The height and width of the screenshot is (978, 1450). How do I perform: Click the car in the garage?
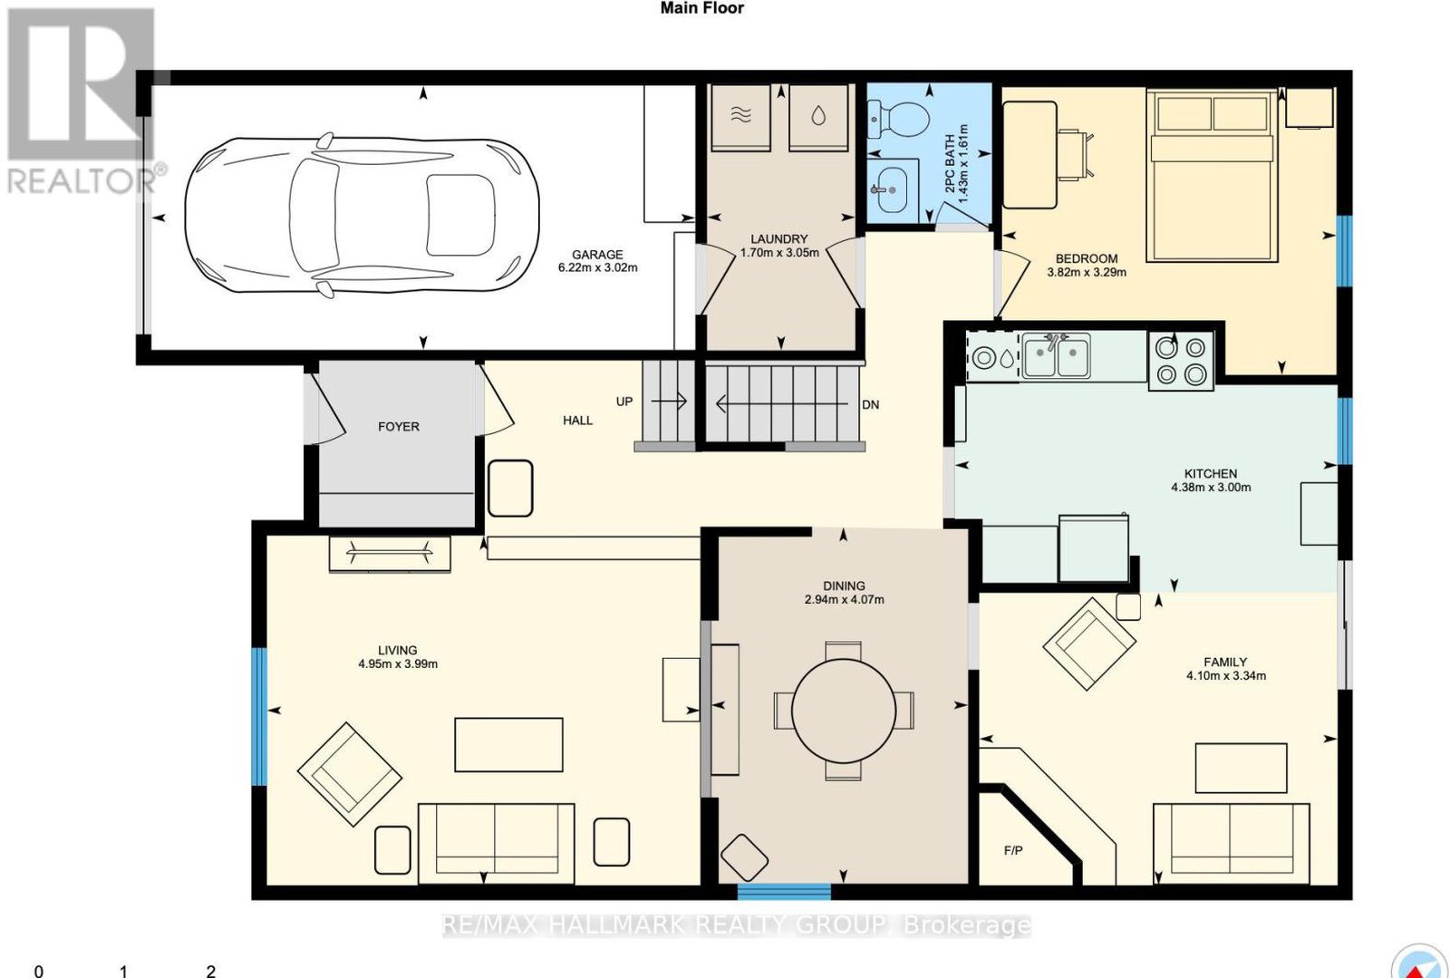click(x=362, y=217)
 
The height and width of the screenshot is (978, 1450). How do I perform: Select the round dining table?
click(x=844, y=711)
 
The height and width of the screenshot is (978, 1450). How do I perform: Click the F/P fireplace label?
click(x=1013, y=850)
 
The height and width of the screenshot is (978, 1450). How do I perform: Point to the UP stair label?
click(x=624, y=402)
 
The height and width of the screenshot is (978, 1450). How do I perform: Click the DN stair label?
click(x=871, y=404)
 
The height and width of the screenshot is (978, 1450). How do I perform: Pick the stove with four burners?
click(x=1182, y=361)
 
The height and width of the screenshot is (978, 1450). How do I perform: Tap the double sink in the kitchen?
click(x=1057, y=354)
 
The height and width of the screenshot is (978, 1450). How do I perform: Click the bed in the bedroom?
click(x=1212, y=176)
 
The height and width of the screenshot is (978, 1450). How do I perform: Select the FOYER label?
click(x=399, y=427)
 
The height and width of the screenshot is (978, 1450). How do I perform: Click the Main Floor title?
click(x=701, y=8)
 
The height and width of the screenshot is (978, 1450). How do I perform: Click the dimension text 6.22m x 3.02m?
click(x=597, y=267)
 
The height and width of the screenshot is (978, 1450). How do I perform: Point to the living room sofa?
click(x=497, y=843)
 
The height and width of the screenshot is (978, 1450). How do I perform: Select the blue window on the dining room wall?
click(x=784, y=892)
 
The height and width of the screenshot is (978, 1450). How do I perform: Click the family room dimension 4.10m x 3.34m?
click(x=1226, y=676)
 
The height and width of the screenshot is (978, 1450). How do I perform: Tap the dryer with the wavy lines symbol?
click(x=740, y=118)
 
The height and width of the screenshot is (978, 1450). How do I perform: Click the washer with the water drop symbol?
click(x=818, y=118)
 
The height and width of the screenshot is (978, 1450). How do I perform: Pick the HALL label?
click(x=577, y=420)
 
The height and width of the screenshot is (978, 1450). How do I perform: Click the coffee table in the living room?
click(x=508, y=744)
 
